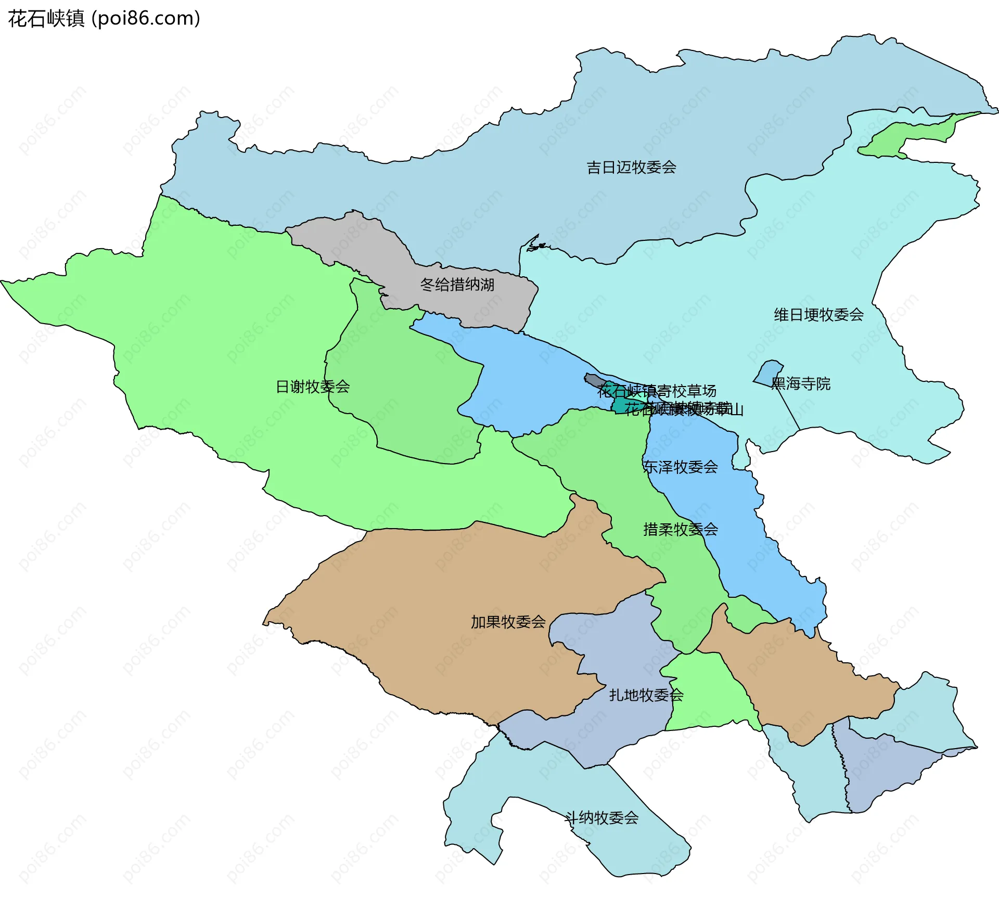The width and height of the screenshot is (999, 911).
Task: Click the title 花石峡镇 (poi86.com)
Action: [104, 19]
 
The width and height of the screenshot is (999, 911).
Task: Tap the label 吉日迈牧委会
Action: [631, 168]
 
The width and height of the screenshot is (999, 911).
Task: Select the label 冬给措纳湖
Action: [457, 285]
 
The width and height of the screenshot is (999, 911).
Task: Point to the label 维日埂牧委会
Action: [818, 315]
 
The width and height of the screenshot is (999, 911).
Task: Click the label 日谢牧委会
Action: [312, 387]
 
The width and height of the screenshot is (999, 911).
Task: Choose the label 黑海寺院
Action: [801, 384]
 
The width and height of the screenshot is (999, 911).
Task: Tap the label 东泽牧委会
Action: [680, 467]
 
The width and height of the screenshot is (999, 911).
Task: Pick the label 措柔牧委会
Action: [680, 530]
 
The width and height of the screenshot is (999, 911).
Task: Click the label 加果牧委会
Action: [508, 622]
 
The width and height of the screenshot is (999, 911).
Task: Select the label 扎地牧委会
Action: [646, 695]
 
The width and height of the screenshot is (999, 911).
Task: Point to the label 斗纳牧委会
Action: [601, 818]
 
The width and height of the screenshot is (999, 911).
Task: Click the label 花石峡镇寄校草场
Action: [657, 391]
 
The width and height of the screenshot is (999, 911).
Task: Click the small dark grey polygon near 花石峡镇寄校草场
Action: [593, 380]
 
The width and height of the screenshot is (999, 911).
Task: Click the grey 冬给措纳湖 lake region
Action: [364, 245]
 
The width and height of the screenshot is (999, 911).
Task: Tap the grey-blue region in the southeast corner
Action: [885, 770]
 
